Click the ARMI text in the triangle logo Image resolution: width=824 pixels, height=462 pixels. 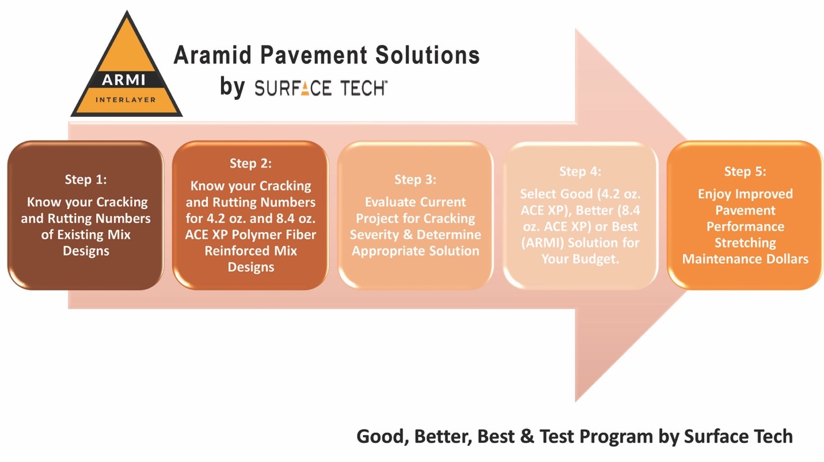click(x=124, y=80)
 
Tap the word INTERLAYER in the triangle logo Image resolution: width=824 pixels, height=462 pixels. click(x=126, y=100)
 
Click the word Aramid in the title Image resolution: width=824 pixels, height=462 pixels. click(x=212, y=55)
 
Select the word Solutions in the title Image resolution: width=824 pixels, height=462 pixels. click(x=427, y=55)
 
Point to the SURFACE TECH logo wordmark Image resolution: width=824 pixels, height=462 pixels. click(x=320, y=88)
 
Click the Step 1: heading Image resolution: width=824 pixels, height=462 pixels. click(x=86, y=179)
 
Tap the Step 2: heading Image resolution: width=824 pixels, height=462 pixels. click(x=250, y=163)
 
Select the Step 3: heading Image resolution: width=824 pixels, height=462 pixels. click(x=415, y=179)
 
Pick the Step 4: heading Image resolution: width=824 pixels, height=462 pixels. click(x=580, y=171)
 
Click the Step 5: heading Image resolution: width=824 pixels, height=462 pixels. click(x=745, y=171)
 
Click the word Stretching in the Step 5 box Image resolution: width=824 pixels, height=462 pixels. click(x=745, y=243)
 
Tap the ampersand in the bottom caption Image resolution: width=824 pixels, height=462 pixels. click(x=527, y=436)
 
